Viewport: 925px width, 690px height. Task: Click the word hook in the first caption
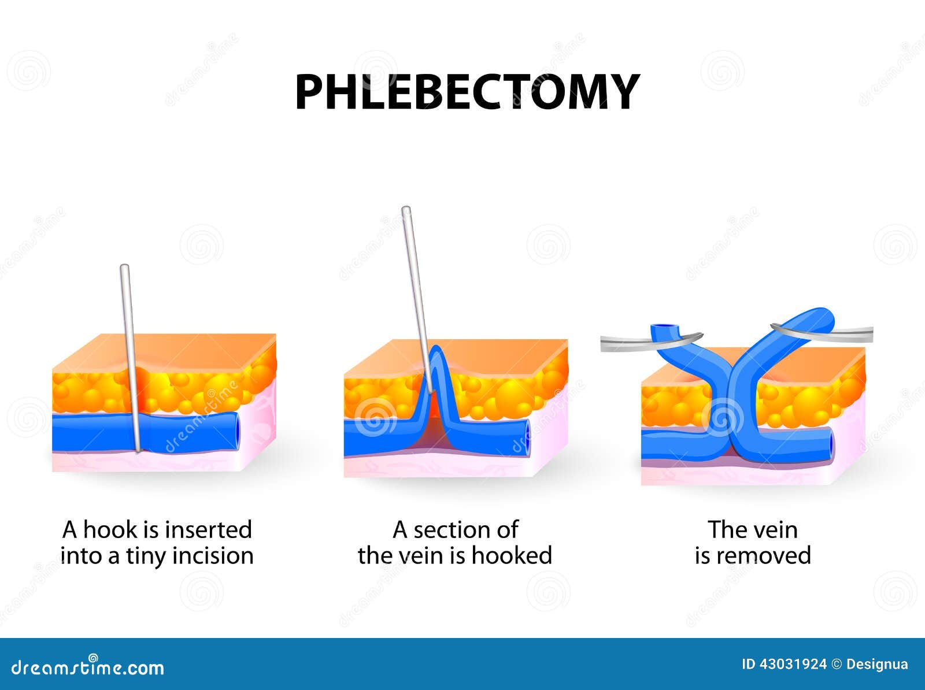point(110,529)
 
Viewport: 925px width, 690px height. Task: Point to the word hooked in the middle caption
point(512,556)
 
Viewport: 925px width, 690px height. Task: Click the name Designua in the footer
point(876,665)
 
